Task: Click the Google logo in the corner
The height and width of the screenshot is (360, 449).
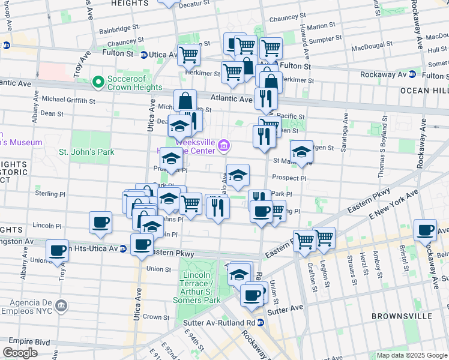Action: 20,352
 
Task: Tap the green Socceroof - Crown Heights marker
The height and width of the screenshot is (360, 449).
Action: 98,80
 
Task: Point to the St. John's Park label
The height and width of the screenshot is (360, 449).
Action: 86,152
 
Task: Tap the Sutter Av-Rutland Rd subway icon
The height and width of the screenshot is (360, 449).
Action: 261,322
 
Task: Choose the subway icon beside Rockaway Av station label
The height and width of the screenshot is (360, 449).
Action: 412,74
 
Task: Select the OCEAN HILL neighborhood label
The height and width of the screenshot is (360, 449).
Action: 423,91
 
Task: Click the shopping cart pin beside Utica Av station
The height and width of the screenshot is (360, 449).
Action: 188,55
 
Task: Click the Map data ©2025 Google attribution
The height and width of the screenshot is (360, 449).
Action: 412,355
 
